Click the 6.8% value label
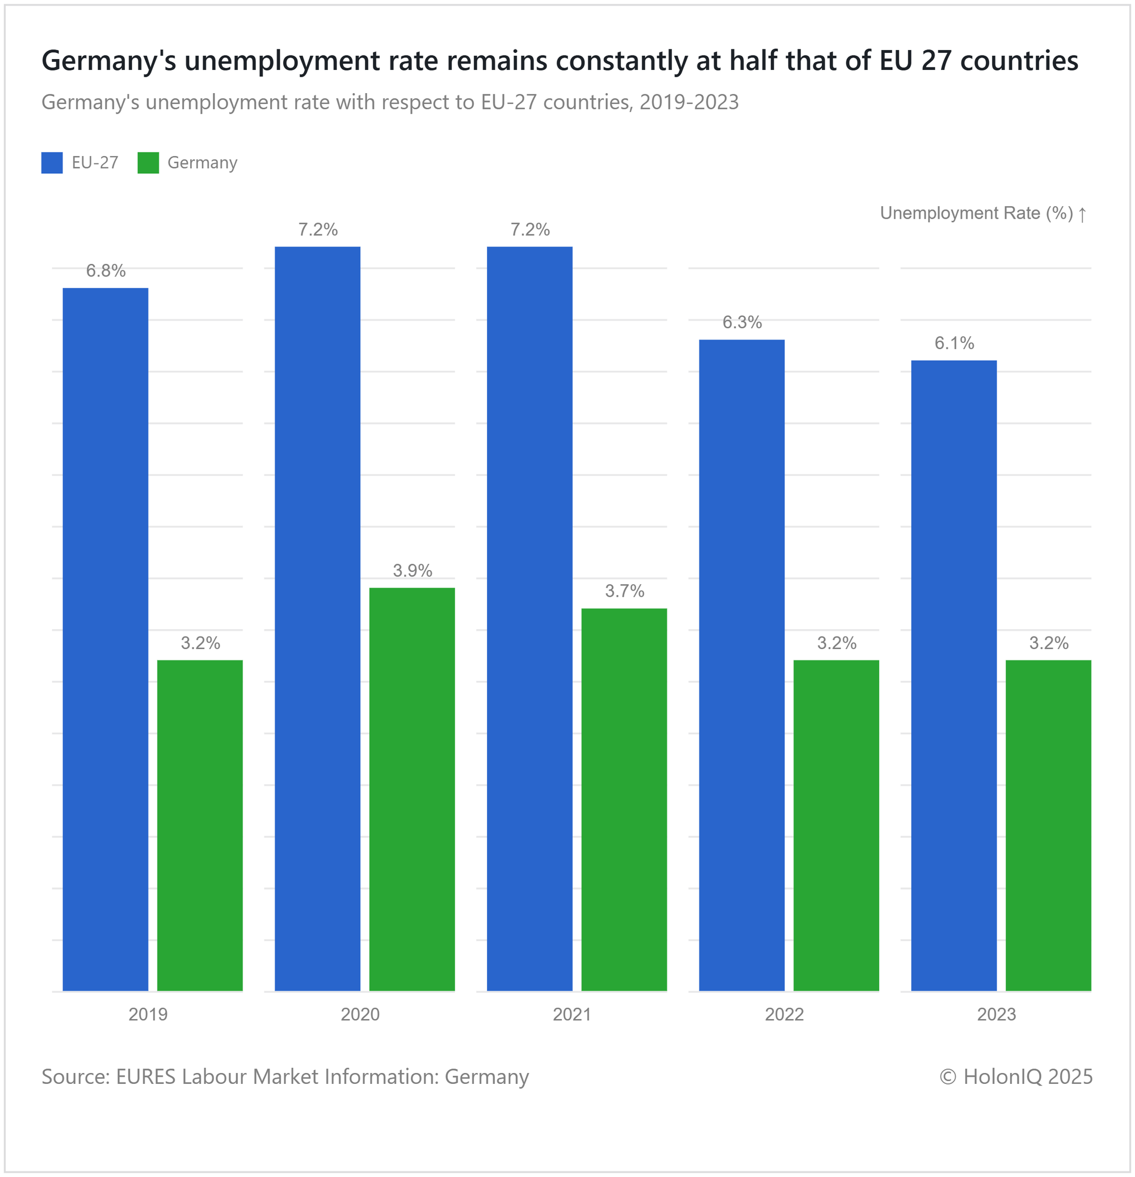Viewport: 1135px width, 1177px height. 106,271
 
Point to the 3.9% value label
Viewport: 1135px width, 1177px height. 413,571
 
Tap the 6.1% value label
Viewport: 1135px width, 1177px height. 954,344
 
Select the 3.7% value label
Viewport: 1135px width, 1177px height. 624,592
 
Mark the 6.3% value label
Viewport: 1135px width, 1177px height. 742,322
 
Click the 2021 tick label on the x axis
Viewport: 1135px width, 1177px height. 572,1014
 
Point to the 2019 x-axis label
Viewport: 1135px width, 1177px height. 148,1014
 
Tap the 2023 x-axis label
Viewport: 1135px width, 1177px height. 997,1014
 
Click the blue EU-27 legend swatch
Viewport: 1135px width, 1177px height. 52,163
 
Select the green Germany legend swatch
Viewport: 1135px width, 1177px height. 148,163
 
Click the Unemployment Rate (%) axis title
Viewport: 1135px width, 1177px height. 976,213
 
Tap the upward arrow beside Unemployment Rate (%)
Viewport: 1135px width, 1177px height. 1082,215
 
